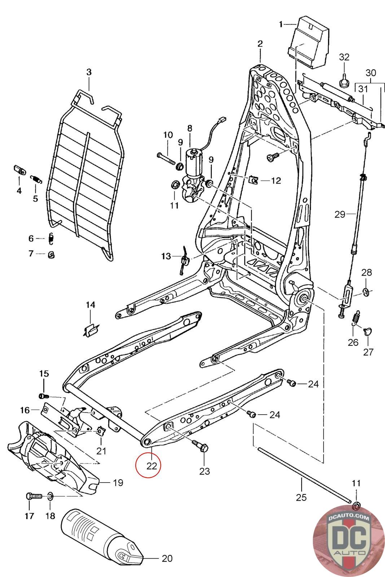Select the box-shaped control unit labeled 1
(x=309, y=43)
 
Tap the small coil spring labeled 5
(x=36, y=179)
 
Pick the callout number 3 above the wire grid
(x=89, y=72)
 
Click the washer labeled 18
(x=51, y=495)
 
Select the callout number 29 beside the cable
(x=340, y=214)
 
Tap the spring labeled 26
(x=356, y=318)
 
